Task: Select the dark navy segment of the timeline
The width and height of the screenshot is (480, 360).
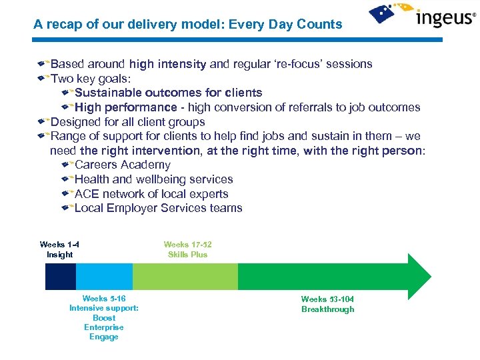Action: (x=60, y=276)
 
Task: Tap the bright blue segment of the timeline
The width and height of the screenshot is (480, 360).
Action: (x=104, y=276)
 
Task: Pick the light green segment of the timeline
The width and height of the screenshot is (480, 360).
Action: (x=185, y=276)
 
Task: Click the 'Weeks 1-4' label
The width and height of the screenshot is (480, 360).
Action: (x=59, y=245)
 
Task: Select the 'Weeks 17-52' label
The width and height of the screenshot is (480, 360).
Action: (x=187, y=245)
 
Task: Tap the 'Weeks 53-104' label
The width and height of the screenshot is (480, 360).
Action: (x=327, y=299)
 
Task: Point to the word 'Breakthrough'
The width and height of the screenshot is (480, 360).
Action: (x=327, y=309)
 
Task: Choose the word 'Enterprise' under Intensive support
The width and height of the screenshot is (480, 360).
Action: (x=103, y=327)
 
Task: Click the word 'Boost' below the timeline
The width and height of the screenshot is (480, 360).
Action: (x=103, y=318)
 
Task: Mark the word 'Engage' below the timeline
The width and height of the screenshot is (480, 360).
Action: (x=103, y=337)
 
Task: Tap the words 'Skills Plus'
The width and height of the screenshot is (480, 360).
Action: (x=187, y=255)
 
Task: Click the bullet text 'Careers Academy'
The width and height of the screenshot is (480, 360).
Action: (x=122, y=165)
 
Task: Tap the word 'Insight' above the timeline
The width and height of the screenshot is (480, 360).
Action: (x=59, y=255)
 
